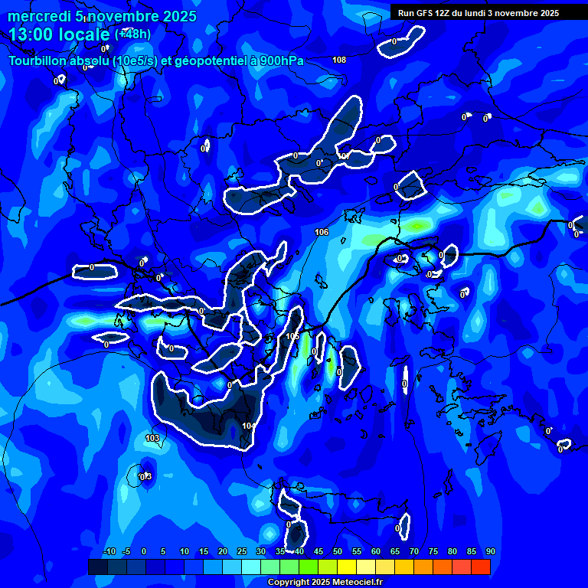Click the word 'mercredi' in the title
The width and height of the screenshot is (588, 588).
coord(38,16)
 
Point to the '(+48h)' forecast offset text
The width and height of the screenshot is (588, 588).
coord(132,34)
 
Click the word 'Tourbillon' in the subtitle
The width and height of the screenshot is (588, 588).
coord(41,61)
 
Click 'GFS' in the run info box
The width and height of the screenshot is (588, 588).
coord(424,13)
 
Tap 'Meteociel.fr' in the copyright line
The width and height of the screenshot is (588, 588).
coord(356,583)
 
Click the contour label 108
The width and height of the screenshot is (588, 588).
coord(339,60)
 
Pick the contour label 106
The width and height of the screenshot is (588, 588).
coord(322,232)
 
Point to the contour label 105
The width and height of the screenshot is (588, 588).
coord(292,336)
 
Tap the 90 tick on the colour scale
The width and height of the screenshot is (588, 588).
coord(490,552)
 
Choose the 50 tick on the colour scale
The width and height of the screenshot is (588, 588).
coord(338,552)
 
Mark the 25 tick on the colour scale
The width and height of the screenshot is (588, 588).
coord(242,552)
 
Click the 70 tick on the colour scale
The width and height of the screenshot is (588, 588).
coord(414,552)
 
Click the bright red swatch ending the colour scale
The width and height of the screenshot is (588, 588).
coord(480,567)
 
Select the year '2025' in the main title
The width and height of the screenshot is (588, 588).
coord(179,16)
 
